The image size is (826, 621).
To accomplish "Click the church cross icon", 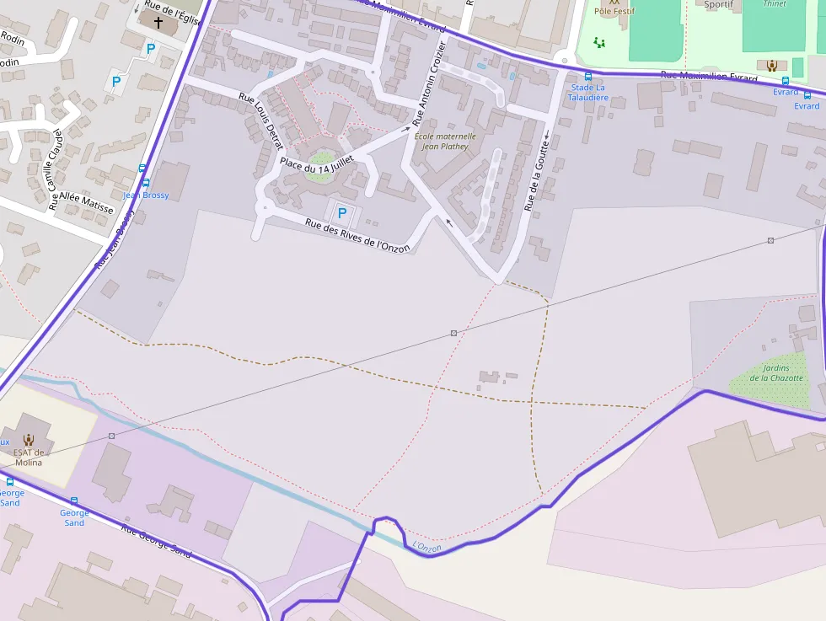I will coord(158,21).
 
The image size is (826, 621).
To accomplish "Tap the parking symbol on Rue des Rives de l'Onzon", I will coord(342,213).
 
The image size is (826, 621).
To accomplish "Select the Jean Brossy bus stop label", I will coord(146,195).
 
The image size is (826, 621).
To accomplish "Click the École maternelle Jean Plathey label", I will coord(445,141).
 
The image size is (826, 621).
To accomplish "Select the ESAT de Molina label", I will coord(28,458).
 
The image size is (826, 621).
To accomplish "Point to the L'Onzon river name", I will coord(426,548).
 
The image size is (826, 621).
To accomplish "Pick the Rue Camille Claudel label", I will coord(56,169).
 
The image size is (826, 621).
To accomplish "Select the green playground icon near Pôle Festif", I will coord(599,42).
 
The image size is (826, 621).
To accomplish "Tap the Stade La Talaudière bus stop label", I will coord(588,92).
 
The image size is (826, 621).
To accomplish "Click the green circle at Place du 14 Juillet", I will coord(320,159).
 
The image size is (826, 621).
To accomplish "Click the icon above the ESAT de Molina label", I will coord(29,439).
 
